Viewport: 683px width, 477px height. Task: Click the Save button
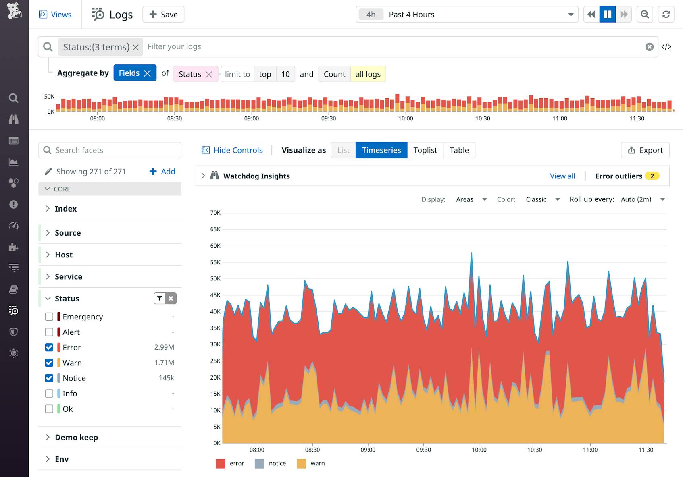tap(163, 15)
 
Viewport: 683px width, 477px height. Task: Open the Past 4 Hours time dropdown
tap(467, 15)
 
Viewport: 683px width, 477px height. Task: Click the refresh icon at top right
tap(666, 15)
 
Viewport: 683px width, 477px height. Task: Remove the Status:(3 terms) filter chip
tap(136, 47)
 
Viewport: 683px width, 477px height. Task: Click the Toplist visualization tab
tap(425, 150)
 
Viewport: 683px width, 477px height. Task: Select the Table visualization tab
tap(459, 150)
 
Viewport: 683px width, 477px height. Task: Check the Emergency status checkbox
tap(49, 317)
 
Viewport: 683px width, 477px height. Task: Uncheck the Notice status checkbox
tap(49, 378)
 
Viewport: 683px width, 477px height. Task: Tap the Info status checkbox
tap(49, 393)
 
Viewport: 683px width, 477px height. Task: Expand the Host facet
tap(64, 255)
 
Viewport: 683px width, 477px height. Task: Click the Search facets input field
tap(115, 150)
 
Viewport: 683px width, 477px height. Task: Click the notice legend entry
tap(277, 463)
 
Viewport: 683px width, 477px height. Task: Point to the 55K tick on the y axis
tap(215, 262)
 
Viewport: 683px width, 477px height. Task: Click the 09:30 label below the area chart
tap(423, 450)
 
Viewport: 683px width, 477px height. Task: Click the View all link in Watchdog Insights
tap(562, 176)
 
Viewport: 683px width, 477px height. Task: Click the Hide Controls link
tap(237, 150)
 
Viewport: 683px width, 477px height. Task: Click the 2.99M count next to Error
tap(164, 347)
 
